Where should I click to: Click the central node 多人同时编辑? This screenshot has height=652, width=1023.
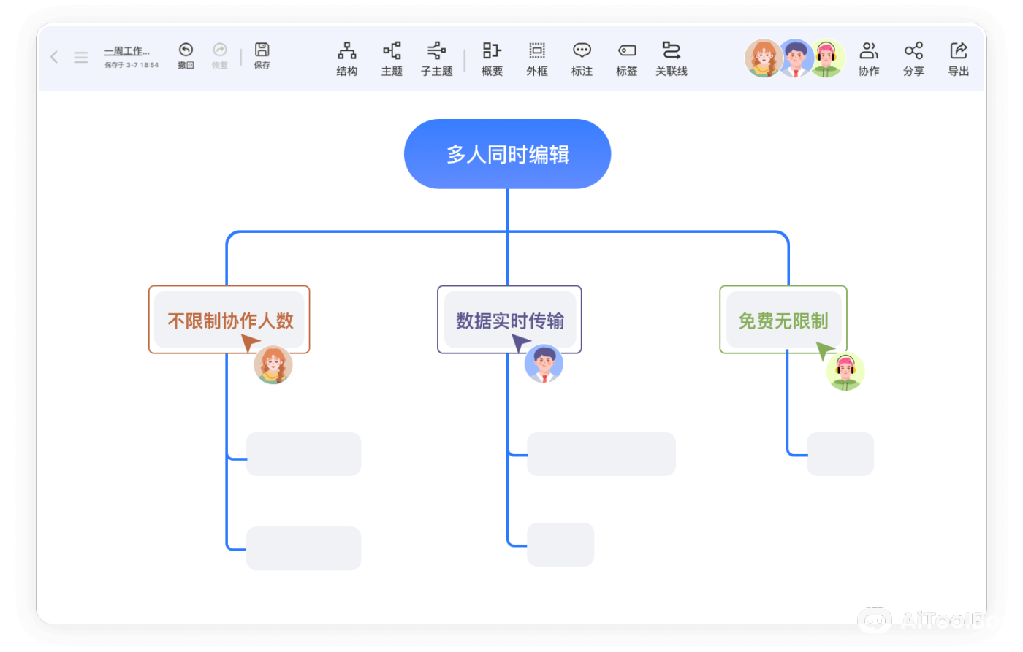[507, 154]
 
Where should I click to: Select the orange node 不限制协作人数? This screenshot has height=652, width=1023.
[229, 320]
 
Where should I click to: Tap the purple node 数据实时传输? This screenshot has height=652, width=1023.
[509, 320]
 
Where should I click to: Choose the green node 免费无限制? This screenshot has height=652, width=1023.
[783, 320]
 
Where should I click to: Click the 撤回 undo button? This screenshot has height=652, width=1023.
[186, 55]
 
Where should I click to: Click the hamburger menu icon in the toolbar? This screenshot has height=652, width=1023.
[81, 57]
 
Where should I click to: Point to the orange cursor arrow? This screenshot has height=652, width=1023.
[250, 343]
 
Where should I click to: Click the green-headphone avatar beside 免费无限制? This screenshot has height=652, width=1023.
[845, 372]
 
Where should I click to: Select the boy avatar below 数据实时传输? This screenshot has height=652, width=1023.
[544, 364]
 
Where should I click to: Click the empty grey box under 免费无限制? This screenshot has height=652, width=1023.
[840, 454]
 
